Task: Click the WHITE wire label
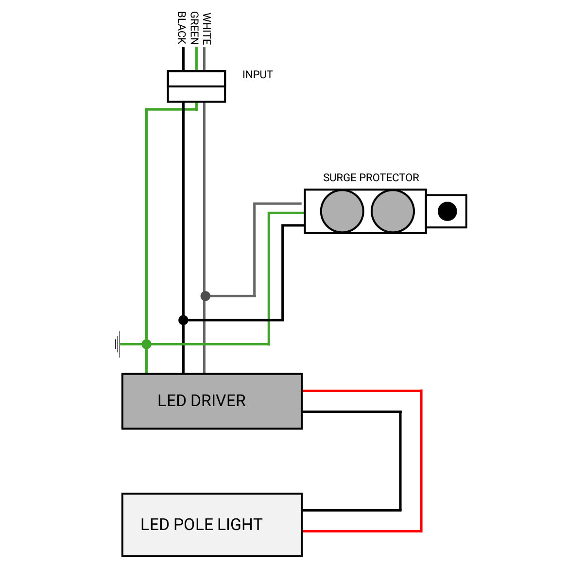(x=207, y=29)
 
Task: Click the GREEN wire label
(x=194, y=29)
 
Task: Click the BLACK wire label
(x=182, y=28)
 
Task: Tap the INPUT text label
(x=257, y=75)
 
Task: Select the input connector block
(x=196, y=86)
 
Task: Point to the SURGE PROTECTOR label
(x=371, y=178)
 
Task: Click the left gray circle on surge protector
(x=342, y=211)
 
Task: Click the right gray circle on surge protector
(x=393, y=211)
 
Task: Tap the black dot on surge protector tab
(x=447, y=211)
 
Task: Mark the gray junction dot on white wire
(x=206, y=296)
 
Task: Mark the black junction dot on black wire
(x=183, y=320)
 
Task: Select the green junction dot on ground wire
(x=146, y=344)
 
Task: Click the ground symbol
(x=118, y=344)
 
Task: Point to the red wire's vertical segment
(x=421, y=462)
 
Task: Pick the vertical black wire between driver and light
(x=400, y=462)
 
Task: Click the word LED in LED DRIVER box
(x=171, y=401)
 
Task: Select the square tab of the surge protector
(x=446, y=211)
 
